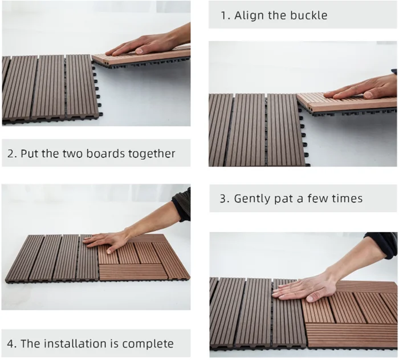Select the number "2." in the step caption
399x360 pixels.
[x=12, y=153]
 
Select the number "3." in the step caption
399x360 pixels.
[x=225, y=199]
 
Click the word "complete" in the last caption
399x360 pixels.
[x=148, y=344]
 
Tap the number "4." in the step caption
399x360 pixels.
[x=12, y=343]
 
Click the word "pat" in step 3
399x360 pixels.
[x=282, y=199]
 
